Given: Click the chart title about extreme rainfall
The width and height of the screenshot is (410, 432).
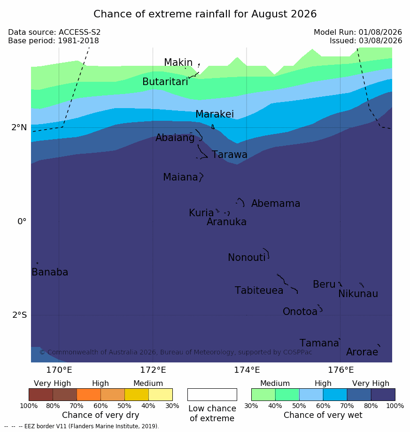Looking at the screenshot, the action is [x=205, y=14].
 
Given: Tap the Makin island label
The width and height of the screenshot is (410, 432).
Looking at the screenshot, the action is [x=178, y=62].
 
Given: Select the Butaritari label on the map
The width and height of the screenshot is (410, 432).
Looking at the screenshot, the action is [x=165, y=81].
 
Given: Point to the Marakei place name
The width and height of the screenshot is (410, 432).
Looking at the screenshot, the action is [x=215, y=114].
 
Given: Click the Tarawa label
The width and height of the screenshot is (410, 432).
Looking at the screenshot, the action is [x=229, y=155].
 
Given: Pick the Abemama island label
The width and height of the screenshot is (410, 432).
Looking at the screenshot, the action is [x=276, y=204].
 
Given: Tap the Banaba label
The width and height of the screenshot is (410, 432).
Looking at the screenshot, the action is [x=50, y=272].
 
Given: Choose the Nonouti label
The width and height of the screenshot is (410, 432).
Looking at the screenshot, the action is [x=247, y=257].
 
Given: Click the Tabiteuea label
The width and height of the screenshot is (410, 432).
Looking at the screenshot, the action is [x=259, y=291].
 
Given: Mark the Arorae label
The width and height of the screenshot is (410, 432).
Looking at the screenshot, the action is [x=362, y=352].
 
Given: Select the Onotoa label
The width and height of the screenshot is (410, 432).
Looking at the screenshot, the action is [x=300, y=311].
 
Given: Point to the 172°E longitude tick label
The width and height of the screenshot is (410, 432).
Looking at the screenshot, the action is [x=153, y=370].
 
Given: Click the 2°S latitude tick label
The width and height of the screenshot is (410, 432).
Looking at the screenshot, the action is [x=20, y=314].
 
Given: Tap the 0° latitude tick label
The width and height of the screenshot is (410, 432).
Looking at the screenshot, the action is [x=22, y=221].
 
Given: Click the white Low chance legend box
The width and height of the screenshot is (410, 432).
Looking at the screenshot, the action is [x=212, y=394].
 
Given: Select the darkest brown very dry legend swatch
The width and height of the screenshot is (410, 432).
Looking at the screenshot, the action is [x=41, y=394].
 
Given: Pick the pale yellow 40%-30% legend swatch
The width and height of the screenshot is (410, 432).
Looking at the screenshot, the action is [x=161, y=394].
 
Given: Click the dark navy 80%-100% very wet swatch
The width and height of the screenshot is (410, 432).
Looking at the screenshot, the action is [x=383, y=394].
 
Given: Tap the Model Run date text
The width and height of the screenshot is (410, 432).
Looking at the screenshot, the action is [x=358, y=32].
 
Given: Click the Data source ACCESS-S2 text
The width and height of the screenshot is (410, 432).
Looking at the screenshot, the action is [x=54, y=32].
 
